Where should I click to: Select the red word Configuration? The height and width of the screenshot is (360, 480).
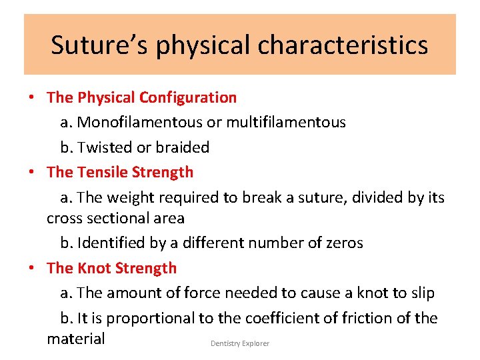[x=188, y=97]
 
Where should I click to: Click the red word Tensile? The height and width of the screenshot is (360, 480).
[x=102, y=172]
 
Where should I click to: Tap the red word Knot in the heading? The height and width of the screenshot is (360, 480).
[x=94, y=268]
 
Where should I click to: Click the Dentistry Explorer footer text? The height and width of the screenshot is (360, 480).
[x=240, y=343]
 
